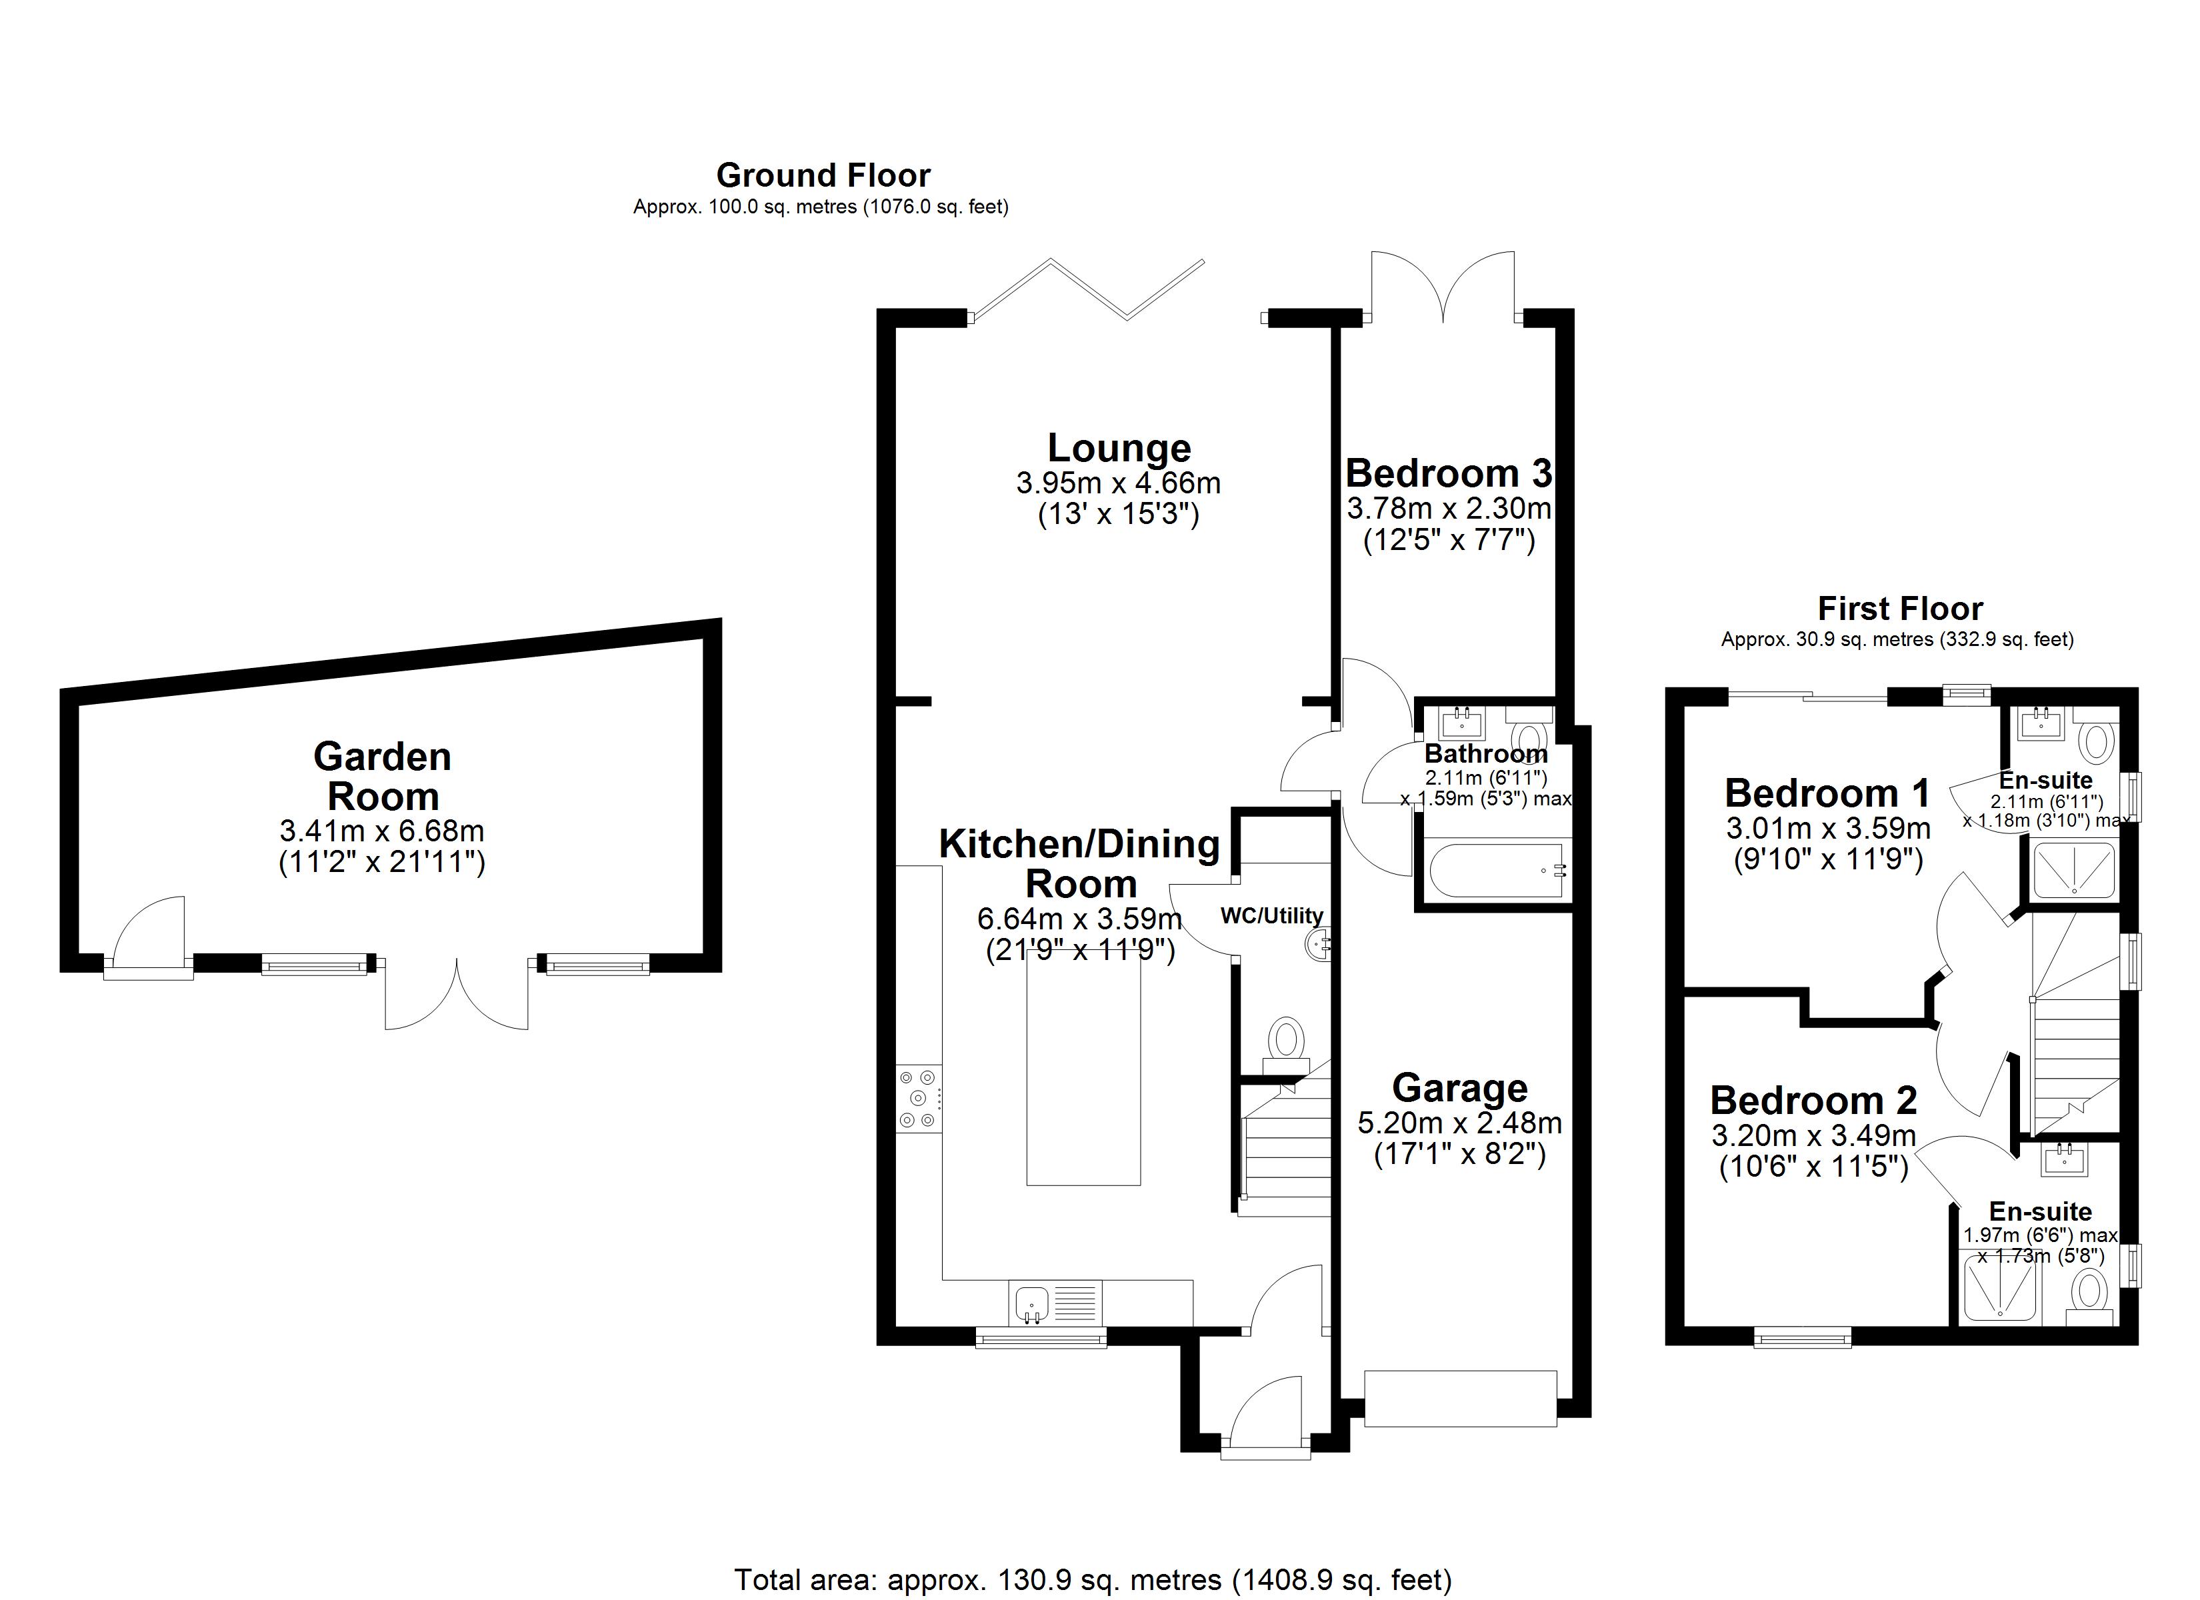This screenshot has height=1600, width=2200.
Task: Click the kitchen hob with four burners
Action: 917,1099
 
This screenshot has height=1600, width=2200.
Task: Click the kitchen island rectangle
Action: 1083,1067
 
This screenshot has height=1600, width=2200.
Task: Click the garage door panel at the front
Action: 1460,1397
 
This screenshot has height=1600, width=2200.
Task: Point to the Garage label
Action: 1460,1088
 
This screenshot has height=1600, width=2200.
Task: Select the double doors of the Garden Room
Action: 457,995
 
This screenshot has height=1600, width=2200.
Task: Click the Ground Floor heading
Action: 823,175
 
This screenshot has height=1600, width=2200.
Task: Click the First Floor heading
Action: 1899,609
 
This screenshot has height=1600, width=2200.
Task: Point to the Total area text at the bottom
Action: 1092,1579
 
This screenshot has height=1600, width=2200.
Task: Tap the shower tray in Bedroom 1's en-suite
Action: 2073,869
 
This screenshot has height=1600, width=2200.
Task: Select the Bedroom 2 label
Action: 1813,1100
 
